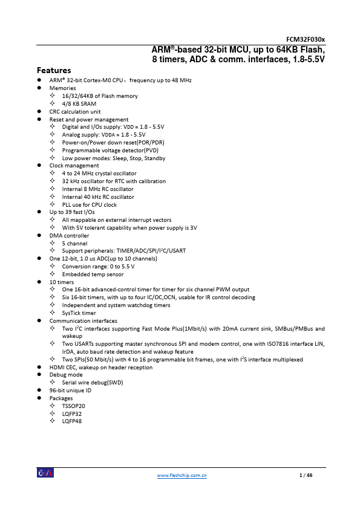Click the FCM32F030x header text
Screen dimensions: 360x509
[307, 39]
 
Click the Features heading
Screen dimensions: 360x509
[54, 70]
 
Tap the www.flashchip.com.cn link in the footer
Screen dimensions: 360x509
[182, 476]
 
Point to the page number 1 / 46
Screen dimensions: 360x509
[306, 476]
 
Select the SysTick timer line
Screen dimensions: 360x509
[79, 313]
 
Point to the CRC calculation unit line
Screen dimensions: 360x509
[75, 112]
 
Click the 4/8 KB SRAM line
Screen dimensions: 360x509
[79, 104]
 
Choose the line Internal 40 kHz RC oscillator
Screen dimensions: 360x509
[98, 196]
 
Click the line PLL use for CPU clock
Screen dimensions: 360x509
[90, 204]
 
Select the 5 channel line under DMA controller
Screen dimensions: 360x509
[74, 243]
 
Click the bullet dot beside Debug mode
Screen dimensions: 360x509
[39, 375]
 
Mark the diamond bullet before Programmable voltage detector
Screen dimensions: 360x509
[53, 151]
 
